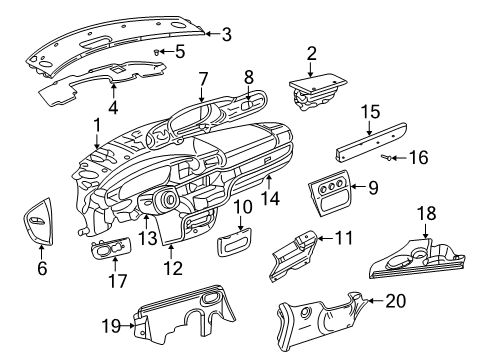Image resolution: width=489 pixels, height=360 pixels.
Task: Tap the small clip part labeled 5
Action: (x=160, y=50)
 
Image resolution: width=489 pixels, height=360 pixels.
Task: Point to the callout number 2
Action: (x=311, y=53)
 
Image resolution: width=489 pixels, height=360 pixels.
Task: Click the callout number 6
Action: (x=41, y=268)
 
